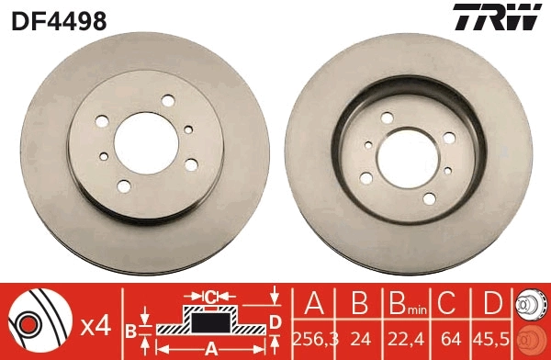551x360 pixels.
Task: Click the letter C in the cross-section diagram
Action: (210, 297)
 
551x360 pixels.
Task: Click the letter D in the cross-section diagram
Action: (275, 321)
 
